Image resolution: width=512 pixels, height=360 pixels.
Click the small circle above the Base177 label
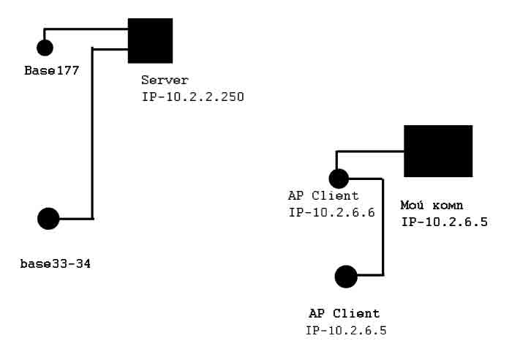(45, 48)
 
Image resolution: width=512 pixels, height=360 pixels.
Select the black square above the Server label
(151, 41)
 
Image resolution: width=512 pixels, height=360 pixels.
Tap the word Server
(165, 80)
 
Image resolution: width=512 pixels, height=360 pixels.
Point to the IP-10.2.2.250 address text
(193, 96)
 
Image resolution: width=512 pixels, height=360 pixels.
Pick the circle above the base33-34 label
(48, 219)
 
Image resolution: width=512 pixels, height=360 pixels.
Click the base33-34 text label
(55, 262)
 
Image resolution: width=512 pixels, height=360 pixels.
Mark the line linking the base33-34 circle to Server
(92, 132)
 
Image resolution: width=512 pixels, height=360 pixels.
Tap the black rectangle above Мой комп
(438, 151)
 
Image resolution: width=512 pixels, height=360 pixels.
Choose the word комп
(447, 206)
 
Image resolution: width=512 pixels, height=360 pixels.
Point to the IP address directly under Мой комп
(444, 221)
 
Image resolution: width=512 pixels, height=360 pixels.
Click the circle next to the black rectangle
(339, 178)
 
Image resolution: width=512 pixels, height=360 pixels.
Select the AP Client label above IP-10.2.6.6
(324, 195)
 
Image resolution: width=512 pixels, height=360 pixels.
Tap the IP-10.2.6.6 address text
(331, 212)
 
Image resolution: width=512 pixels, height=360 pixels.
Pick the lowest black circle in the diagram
(346, 277)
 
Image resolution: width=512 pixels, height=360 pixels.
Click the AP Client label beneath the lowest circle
(345, 314)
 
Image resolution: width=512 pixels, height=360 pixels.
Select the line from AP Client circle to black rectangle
(369, 151)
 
